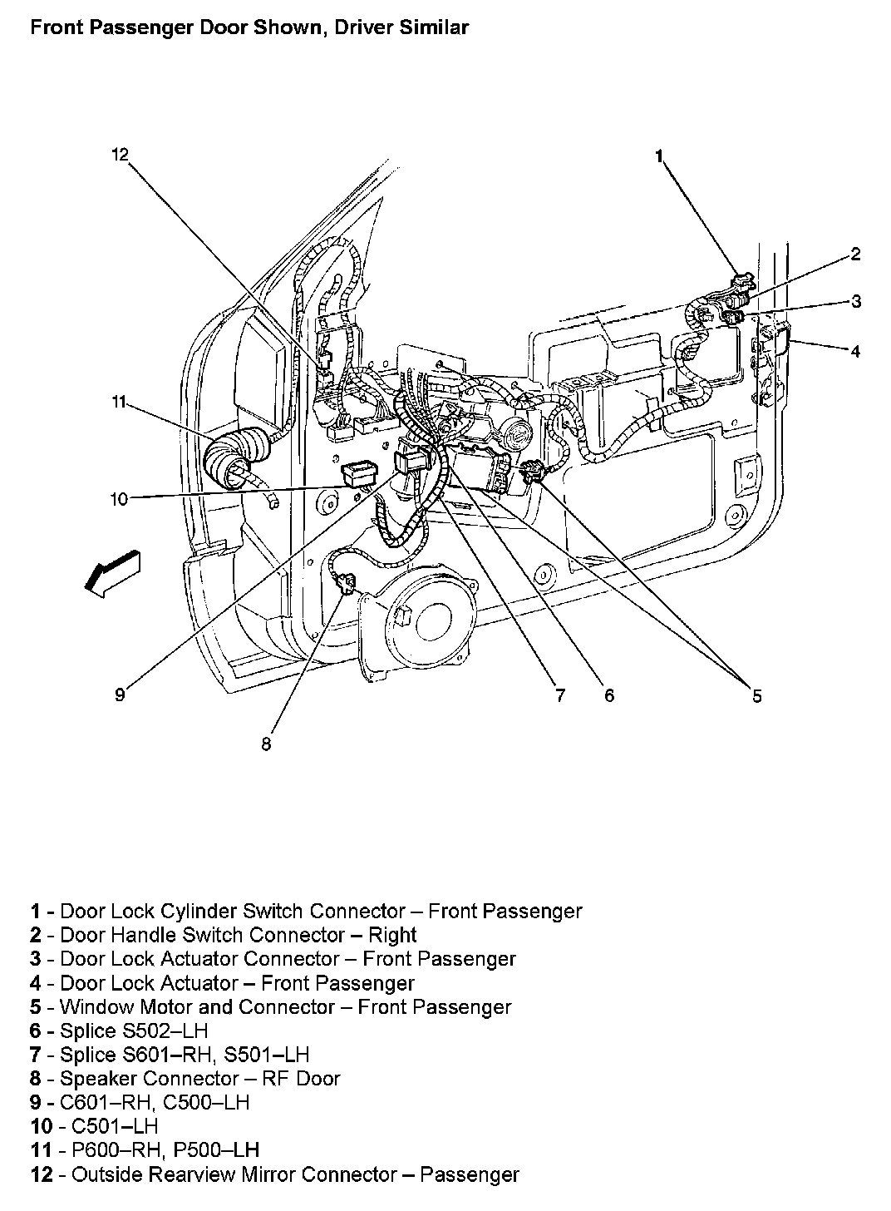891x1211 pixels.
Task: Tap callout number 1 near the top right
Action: (x=659, y=155)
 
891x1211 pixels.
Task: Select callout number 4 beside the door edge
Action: (x=855, y=350)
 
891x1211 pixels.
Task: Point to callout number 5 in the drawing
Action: (x=756, y=695)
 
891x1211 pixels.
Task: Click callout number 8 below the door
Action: (x=266, y=744)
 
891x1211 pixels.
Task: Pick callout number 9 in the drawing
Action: (x=120, y=695)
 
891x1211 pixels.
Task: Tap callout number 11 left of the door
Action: (x=119, y=402)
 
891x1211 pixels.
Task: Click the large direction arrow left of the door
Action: (x=112, y=573)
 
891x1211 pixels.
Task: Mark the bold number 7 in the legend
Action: (x=36, y=1055)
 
